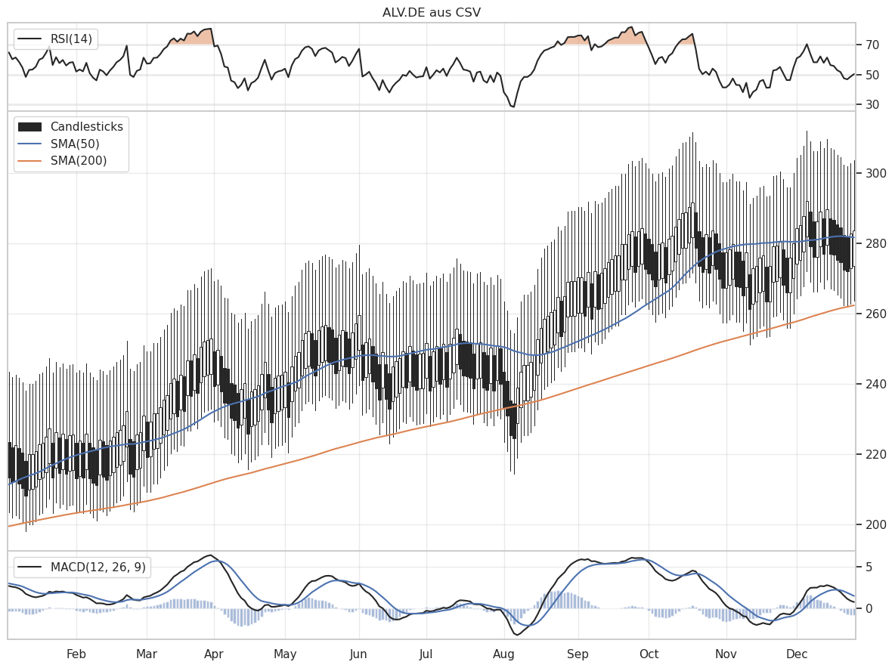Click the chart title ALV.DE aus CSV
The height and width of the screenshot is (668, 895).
click(431, 12)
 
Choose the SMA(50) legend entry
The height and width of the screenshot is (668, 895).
click(75, 144)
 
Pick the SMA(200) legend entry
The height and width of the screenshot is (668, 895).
click(79, 160)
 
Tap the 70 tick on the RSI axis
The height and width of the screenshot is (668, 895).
click(872, 45)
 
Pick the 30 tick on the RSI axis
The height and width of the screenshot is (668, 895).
click(872, 104)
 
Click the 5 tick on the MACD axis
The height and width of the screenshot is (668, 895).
click(869, 567)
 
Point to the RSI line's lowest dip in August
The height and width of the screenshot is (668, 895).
click(513, 107)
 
